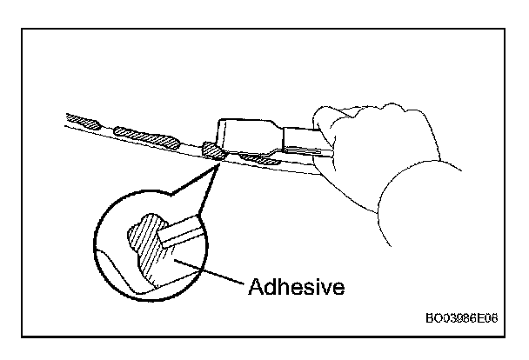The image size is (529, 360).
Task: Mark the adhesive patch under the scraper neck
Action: [x=258, y=158]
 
